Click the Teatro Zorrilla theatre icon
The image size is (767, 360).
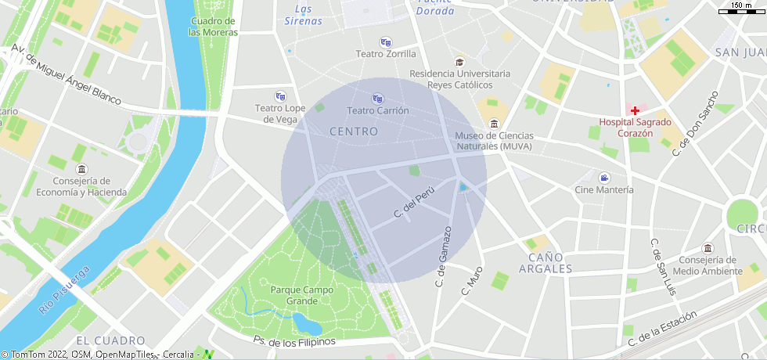[386, 42]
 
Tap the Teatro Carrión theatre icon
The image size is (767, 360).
[378, 99]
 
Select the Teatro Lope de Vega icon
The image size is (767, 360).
[280, 96]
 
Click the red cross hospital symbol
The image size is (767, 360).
[636, 111]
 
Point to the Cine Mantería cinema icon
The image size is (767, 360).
[604, 178]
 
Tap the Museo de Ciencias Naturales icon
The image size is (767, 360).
[494, 124]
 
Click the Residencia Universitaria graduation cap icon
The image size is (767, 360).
[459, 62]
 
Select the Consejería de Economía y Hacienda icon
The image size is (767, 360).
[81, 169]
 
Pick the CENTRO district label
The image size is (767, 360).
[354, 131]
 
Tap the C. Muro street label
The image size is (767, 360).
[472, 280]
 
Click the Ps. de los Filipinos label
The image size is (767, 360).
[294, 341]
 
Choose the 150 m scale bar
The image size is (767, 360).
[741, 9]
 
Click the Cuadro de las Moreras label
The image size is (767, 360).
[212, 27]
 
